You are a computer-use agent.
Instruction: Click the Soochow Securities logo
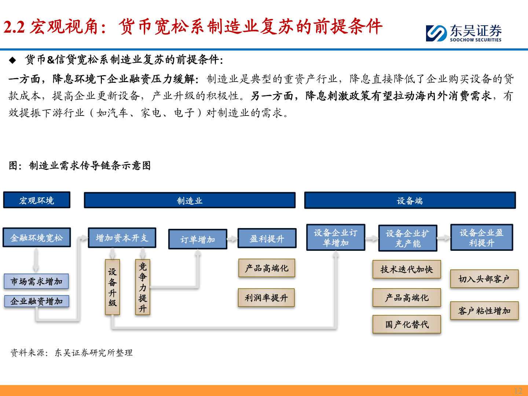pos(463,33)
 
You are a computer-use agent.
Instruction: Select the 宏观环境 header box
pos(37,200)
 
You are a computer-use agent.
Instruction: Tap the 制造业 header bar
pos(190,201)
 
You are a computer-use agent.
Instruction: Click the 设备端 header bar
pos(410,201)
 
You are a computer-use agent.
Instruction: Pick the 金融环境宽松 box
pos(37,238)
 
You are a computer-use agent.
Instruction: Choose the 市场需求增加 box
pos(36,281)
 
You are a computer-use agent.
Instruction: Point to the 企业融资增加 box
pos(37,301)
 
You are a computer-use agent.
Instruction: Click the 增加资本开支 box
pos(122,238)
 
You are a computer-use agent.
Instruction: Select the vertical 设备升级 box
pos(113,287)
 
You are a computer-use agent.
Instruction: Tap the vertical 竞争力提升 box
pos(143,287)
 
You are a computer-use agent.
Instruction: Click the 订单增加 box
pos(198,239)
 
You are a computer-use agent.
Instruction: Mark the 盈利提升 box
pos(267,239)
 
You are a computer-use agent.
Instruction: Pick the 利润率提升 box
pos(266,298)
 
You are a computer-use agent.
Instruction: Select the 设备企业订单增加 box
pos(335,238)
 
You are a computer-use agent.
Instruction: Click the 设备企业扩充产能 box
pos(407,238)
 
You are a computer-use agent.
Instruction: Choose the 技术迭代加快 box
pos(407,269)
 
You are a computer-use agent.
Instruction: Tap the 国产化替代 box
pos(407,324)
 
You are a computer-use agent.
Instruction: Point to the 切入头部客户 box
pos(484,279)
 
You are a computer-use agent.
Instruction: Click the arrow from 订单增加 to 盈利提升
pos(232,239)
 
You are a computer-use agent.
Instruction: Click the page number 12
pos(518,390)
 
